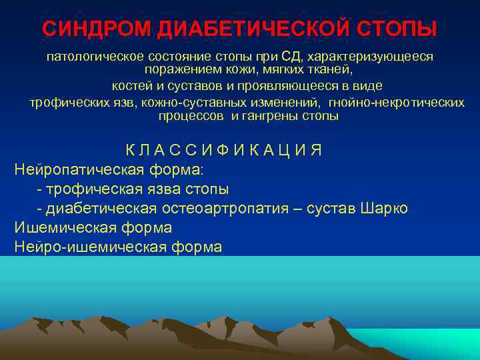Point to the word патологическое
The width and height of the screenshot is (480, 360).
pos(91,57)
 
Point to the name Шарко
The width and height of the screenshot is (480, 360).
pos(383,208)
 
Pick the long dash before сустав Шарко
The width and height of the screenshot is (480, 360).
pos(297,208)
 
